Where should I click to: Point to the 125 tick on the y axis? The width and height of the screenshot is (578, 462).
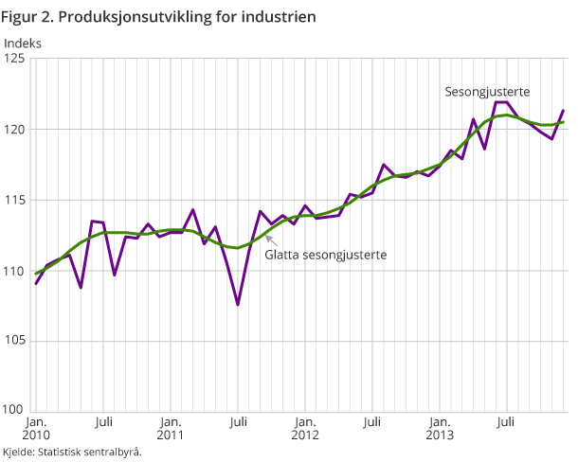pyautogui.click(x=16, y=59)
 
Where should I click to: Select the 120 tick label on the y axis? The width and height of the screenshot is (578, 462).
pyautogui.click(x=16, y=129)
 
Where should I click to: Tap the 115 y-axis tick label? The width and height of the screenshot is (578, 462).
pyautogui.click(x=16, y=200)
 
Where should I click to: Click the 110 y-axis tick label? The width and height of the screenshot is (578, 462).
pyautogui.click(x=16, y=271)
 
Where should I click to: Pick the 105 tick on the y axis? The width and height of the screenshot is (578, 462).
pyautogui.click(x=16, y=341)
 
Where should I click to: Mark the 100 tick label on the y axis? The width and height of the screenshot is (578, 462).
pyautogui.click(x=16, y=411)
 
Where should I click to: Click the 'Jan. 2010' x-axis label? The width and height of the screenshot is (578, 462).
pyautogui.click(x=35, y=428)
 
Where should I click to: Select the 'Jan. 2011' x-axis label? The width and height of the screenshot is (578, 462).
pyautogui.click(x=171, y=428)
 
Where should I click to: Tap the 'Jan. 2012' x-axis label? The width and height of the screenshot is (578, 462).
pyautogui.click(x=305, y=428)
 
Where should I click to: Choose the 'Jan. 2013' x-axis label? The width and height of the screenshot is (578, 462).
pyautogui.click(x=440, y=428)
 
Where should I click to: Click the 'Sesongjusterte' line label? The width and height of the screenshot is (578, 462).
pyautogui.click(x=487, y=92)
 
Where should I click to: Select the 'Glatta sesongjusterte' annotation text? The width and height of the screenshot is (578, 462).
pyautogui.click(x=327, y=255)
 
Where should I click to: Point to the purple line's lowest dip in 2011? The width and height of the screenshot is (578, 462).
pyautogui.click(x=238, y=305)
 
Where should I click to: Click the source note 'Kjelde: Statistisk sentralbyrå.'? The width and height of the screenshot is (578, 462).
pyautogui.click(x=72, y=452)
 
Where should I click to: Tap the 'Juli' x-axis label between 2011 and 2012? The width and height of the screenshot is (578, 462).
pyautogui.click(x=238, y=421)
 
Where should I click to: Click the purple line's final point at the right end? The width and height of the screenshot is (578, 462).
pyautogui.click(x=564, y=111)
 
